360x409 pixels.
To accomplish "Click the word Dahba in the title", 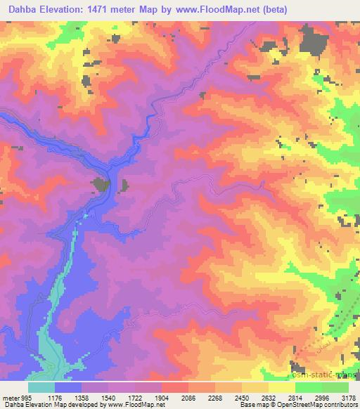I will pyautogui.click(x=20, y=8).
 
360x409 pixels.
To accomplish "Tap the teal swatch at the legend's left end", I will pyautogui.click(x=41, y=387).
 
